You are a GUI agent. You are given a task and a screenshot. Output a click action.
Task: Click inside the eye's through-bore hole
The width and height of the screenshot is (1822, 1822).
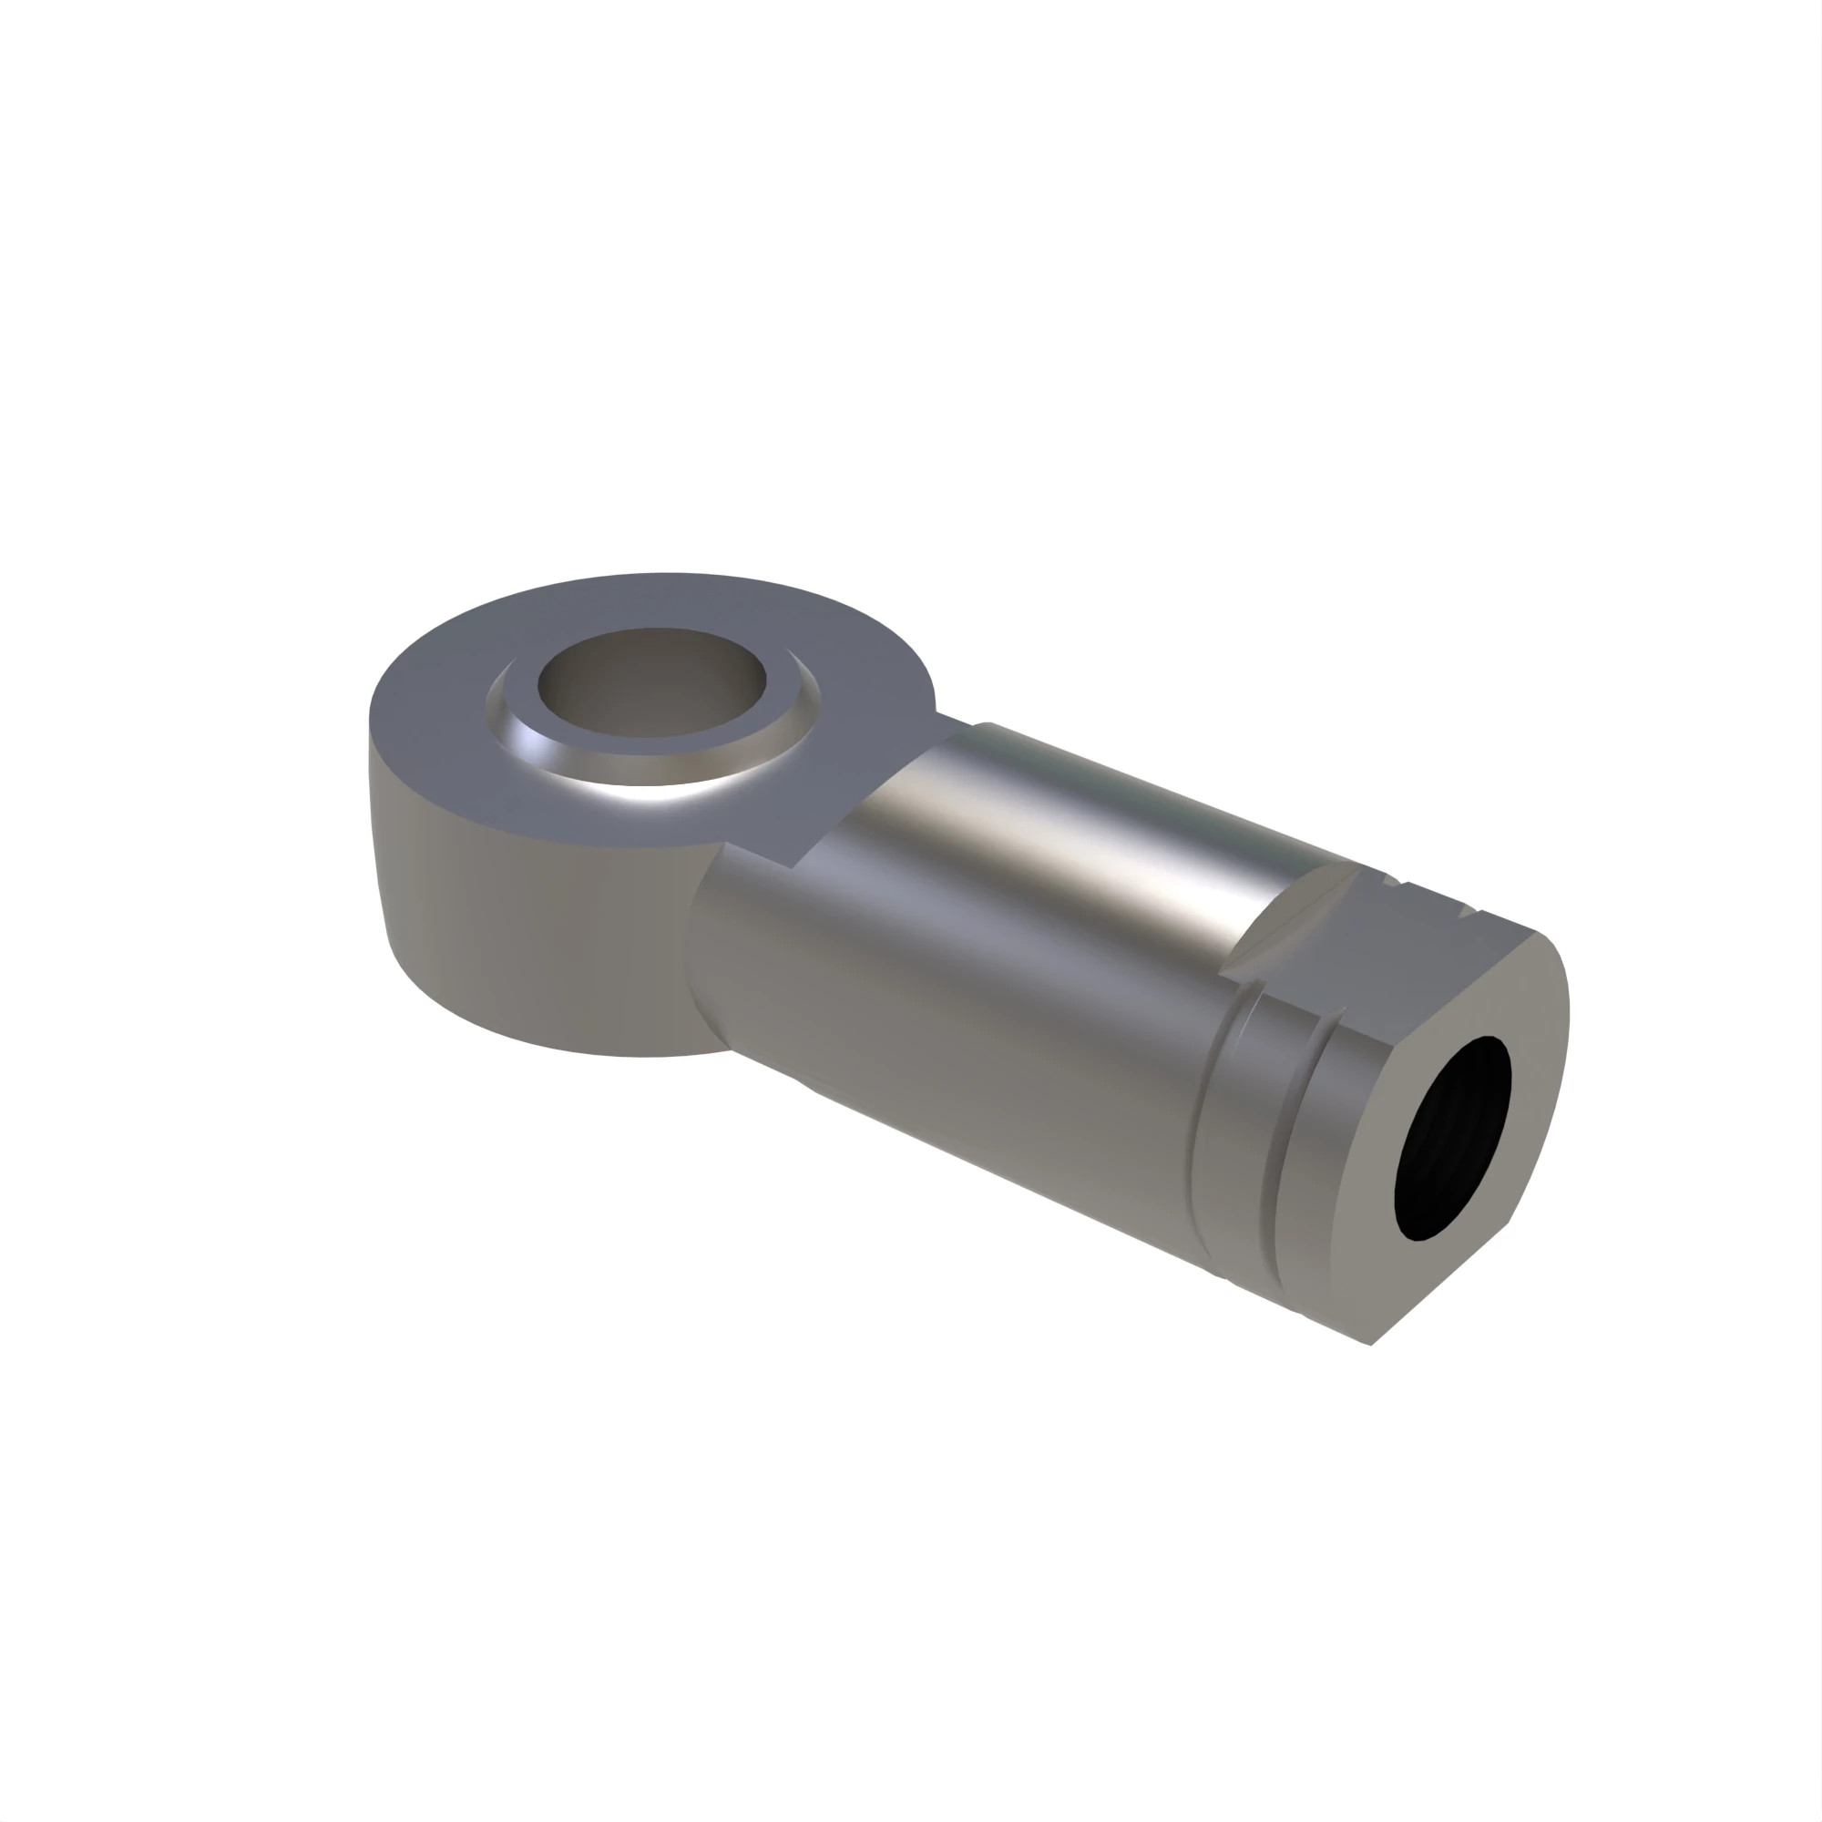point(650,684)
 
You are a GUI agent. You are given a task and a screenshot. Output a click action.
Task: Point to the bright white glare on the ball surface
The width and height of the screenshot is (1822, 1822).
point(660,793)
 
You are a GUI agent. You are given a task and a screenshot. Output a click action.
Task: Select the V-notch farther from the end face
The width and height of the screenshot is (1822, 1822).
point(1393,883)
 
